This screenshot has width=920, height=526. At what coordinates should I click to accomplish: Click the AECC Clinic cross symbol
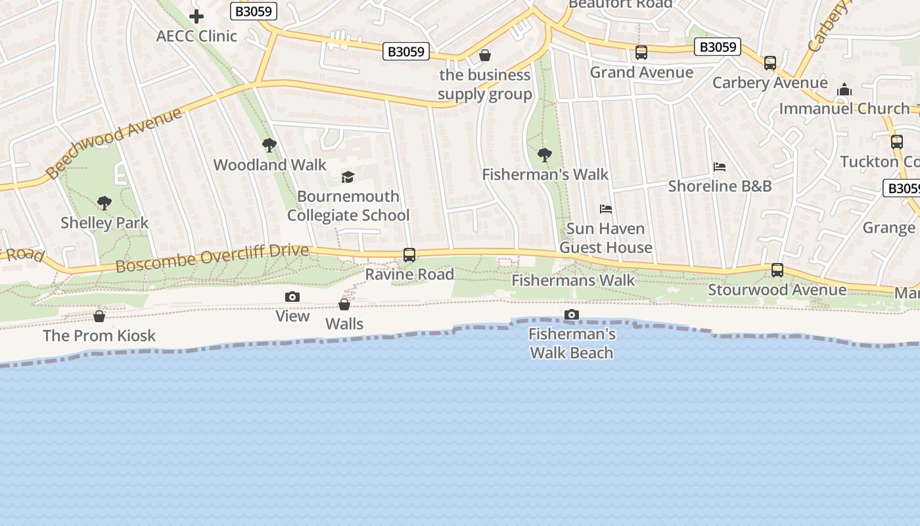pos(196,16)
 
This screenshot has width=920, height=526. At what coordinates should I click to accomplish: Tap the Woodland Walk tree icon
pos(269,145)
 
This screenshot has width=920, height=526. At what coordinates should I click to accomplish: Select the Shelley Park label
pos(104,223)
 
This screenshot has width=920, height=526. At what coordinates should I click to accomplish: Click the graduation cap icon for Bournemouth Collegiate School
pos(348,177)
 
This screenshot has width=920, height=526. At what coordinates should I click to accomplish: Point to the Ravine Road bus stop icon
pos(409,255)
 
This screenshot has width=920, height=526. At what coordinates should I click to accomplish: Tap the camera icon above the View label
pos(292,297)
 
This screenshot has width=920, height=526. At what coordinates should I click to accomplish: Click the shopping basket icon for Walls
pos(344,304)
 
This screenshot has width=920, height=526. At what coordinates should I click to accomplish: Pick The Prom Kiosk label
pos(99,335)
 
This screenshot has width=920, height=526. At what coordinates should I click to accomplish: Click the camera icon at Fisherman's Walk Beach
pos(572,315)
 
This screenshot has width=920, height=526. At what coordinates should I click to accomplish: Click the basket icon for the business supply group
pos(485,55)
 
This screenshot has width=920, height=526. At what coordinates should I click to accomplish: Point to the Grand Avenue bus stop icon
pos(641,53)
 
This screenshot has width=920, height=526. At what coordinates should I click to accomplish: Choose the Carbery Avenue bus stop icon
pos(770,63)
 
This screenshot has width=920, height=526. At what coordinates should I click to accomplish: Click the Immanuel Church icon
pos(844,89)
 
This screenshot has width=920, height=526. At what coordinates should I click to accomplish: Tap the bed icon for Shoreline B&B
pos(720,167)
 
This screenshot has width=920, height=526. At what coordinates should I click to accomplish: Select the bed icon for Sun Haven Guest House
pos(606,209)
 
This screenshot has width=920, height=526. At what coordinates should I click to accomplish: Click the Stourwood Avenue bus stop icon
pos(777,270)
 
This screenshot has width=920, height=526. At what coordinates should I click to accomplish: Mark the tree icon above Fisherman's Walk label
pos(545,155)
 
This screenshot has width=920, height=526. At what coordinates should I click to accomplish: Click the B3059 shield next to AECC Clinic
pos(254,11)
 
